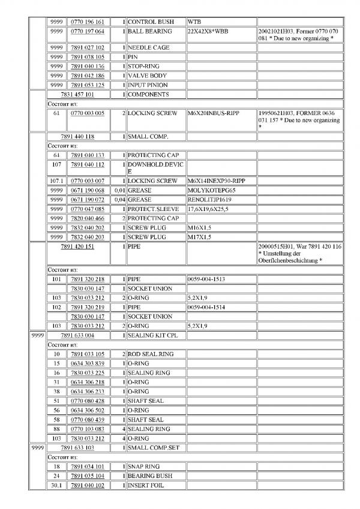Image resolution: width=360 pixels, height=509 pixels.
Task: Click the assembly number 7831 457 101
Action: (77, 95)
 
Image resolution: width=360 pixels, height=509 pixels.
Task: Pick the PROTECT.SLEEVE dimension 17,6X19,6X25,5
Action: (212, 209)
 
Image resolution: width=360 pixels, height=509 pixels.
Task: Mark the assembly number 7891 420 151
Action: (77, 246)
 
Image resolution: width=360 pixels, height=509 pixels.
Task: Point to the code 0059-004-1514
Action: (206, 307)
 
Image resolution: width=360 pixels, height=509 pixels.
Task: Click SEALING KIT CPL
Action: (153, 335)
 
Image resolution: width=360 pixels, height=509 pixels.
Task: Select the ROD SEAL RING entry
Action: (151, 354)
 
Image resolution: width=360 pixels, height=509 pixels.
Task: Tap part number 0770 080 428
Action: (87, 401)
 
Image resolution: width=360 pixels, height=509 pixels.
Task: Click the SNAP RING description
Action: (144, 466)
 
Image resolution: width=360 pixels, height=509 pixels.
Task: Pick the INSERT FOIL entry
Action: (147, 485)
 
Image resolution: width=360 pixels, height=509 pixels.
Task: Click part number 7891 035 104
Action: (87, 476)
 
